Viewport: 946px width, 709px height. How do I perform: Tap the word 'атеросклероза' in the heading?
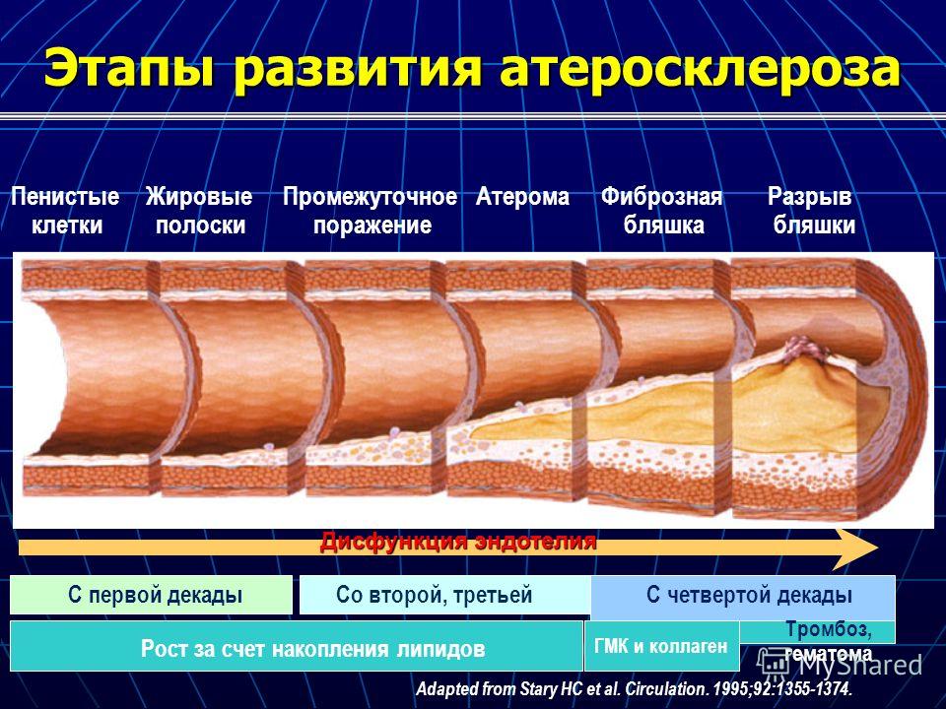coord(700,68)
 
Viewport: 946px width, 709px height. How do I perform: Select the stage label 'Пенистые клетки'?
coord(66,211)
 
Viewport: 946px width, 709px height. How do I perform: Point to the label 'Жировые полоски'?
coord(200,211)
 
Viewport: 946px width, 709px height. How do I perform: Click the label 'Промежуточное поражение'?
coord(371,211)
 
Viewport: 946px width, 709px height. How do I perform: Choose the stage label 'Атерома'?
coord(522,197)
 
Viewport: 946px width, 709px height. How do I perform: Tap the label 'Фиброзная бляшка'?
coord(662,211)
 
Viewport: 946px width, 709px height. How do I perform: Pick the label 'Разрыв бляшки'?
coord(813,211)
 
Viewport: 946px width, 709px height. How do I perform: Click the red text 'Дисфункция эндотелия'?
coord(458,542)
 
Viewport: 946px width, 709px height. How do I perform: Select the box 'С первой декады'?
coord(152,595)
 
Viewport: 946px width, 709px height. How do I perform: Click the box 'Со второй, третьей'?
coord(445,595)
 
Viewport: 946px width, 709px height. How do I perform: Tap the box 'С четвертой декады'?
coord(743,597)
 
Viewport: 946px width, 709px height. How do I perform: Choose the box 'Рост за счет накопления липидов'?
coord(297,647)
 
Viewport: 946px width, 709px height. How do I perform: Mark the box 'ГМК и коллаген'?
coord(662,646)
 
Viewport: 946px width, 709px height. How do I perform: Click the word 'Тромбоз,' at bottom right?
coord(829,630)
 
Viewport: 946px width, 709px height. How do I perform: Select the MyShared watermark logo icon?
coord(774,663)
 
